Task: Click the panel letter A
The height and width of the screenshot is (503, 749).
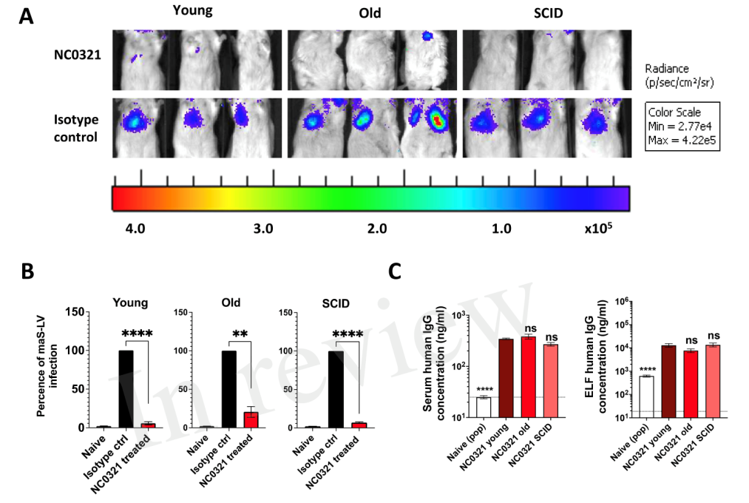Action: coord(26,16)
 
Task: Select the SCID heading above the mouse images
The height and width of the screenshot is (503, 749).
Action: coord(546,15)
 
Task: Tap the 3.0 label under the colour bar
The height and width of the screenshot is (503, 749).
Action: coord(262,229)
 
